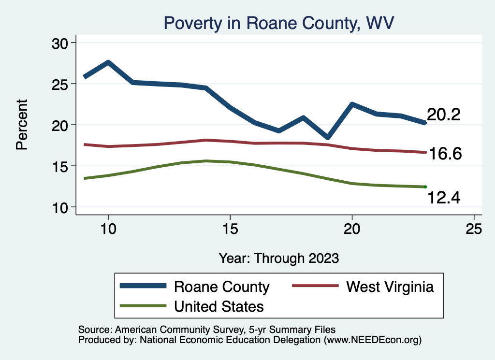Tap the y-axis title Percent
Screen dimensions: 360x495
pyautogui.click(x=22, y=124)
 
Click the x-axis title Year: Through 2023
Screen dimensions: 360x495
pyautogui.click(x=278, y=258)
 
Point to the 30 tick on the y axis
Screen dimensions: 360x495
pyautogui.click(x=60, y=43)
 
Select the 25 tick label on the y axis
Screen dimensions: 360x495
pyautogui.click(x=60, y=84)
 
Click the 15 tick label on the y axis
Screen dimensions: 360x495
pyautogui.click(x=60, y=166)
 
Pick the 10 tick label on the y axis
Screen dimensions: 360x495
pyautogui.click(x=60, y=207)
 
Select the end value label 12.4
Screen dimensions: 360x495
pyautogui.click(x=443, y=197)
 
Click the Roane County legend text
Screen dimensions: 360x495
pyautogui.click(x=221, y=287)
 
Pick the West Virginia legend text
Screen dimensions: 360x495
pyautogui.click(x=390, y=287)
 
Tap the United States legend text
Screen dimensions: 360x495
pyautogui.click(x=219, y=306)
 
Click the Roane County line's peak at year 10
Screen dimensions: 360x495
pyautogui.click(x=108, y=62)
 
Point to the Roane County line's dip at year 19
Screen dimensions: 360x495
pyautogui.click(x=328, y=138)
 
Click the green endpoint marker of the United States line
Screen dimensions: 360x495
pyautogui.click(x=425, y=187)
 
